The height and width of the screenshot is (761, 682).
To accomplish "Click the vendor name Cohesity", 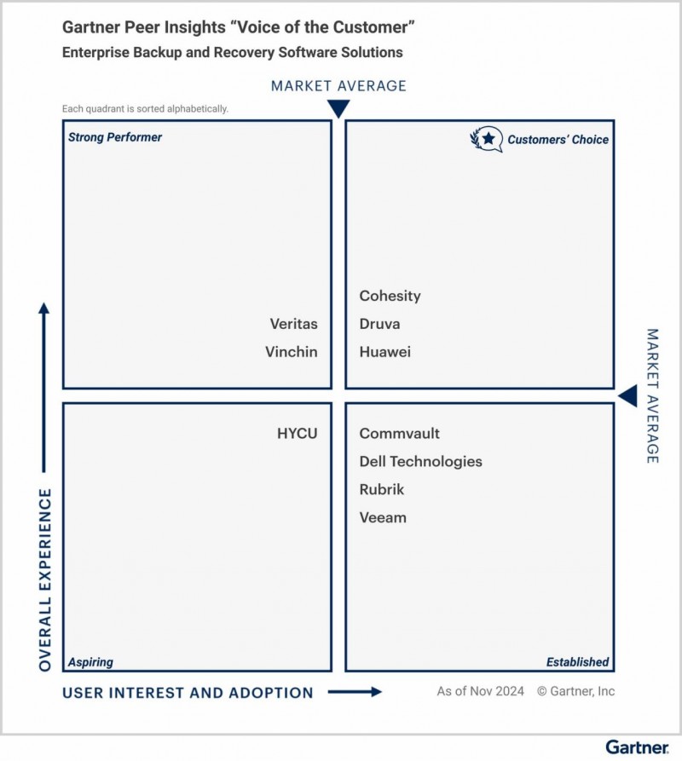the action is point(390,296).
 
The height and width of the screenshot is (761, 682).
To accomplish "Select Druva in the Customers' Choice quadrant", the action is point(379,324).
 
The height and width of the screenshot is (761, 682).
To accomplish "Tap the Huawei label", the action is point(385,352).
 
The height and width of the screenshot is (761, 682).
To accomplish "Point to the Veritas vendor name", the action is point(293,324).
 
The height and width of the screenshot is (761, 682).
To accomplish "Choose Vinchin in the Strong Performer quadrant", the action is point(292,352).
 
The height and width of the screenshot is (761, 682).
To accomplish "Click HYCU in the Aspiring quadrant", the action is point(297,434).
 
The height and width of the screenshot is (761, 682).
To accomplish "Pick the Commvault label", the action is point(400,434).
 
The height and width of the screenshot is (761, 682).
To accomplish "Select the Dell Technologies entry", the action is point(421,462).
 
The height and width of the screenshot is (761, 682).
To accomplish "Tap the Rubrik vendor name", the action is point(382,489).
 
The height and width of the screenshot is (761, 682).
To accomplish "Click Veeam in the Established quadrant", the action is point(383,517).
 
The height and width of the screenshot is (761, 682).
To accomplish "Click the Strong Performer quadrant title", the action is point(115,137).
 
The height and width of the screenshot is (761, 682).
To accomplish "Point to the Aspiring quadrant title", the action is point(90,662).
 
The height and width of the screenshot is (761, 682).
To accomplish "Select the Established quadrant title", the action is point(578,662).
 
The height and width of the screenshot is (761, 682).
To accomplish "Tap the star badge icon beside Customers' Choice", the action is point(487,139).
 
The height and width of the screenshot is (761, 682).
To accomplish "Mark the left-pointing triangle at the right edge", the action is point(627,396).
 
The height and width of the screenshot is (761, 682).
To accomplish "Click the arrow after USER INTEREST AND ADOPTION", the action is point(355,692).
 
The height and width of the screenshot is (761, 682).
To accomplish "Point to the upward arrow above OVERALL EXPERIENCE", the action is point(44,387).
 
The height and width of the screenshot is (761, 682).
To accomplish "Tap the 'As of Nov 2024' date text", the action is point(481,691).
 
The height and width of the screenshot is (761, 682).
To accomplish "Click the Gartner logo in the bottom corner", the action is point(637,747).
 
